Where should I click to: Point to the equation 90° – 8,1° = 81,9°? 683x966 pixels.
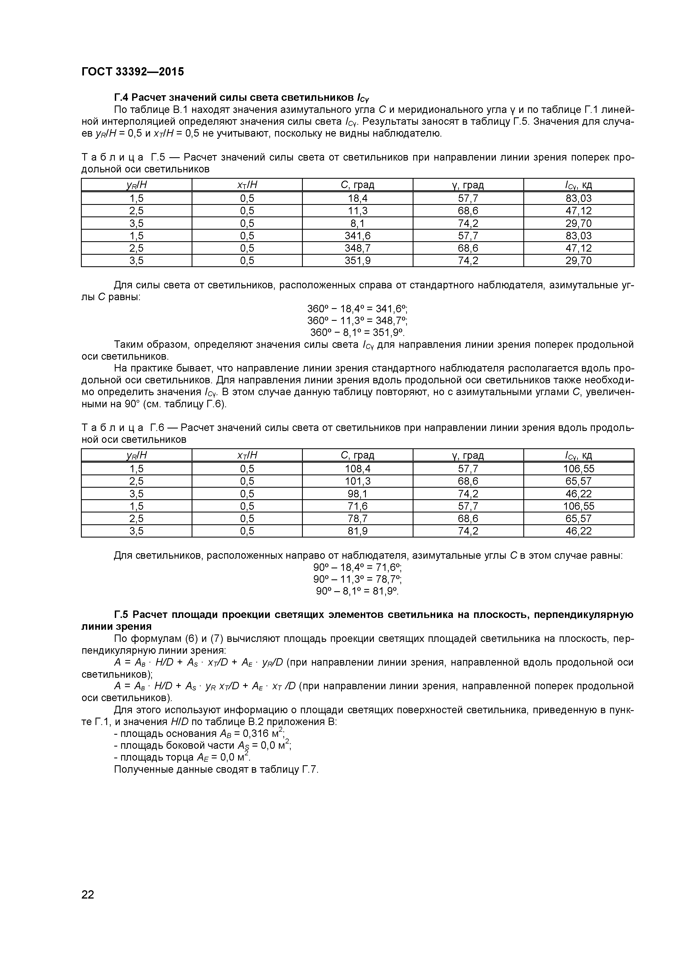click(357, 591)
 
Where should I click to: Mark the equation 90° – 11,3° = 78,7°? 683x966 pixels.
click(357, 579)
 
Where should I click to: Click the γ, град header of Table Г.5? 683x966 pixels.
click(468, 185)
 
